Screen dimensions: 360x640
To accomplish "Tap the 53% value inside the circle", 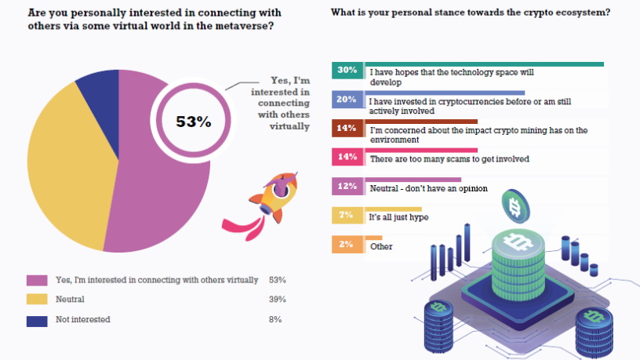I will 193,122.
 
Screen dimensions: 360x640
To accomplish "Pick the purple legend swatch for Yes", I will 37,280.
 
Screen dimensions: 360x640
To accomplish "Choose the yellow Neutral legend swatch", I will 37,300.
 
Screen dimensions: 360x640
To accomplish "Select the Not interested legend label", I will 82,319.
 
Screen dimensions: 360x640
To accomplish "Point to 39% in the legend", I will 277,300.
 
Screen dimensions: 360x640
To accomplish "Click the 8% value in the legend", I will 275,319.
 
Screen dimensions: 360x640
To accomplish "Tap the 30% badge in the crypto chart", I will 347,71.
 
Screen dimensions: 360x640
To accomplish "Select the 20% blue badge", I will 347,100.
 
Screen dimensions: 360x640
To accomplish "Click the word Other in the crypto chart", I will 381,246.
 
